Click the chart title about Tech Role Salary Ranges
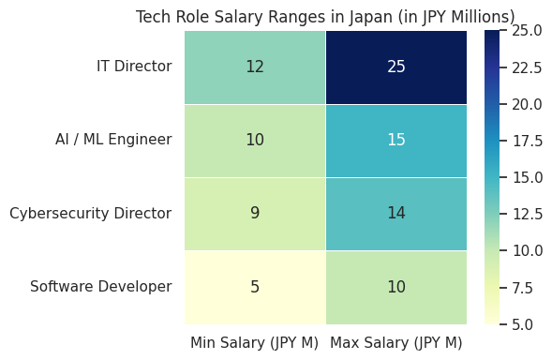pyautogui.click(x=325, y=17)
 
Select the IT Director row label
pyautogui.click(x=134, y=67)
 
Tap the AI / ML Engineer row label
pyautogui.click(x=113, y=140)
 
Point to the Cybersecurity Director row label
pyautogui.click(x=90, y=213)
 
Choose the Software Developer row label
pyautogui.click(x=100, y=287)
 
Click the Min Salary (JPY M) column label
pyautogui.click(x=255, y=342)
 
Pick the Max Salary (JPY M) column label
pyautogui.click(x=396, y=342)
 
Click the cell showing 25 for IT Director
pyautogui.click(x=396, y=67)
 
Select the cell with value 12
pyautogui.click(x=255, y=67)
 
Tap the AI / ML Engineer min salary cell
pyautogui.click(x=255, y=140)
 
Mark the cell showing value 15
pyautogui.click(x=396, y=140)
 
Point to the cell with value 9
pyautogui.click(x=255, y=213)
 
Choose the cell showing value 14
pyautogui.click(x=396, y=213)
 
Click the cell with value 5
pyautogui.click(x=255, y=287)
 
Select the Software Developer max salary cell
pyautogui.click(x=396, y=287)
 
